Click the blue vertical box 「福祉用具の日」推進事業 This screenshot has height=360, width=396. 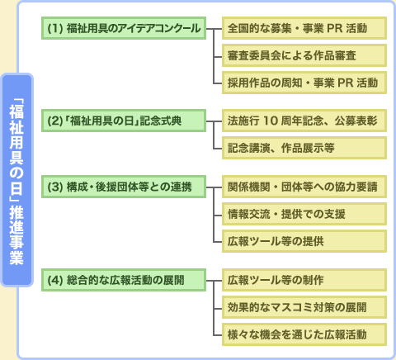point(17,180)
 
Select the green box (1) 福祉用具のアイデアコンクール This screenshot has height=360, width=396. point(124,28)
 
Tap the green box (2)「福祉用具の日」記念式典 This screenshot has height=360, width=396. point(124,121)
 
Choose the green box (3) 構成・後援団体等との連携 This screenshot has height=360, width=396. point(124,187)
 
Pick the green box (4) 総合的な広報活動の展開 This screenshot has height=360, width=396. point(124,280)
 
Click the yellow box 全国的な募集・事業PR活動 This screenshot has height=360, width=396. point(304,28)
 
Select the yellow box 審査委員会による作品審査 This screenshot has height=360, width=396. point(304,55)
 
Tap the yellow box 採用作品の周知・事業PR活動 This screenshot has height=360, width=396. point(304,83)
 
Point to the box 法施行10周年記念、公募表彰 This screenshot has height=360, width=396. point(304,121)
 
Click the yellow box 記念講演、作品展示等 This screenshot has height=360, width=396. point(304,148)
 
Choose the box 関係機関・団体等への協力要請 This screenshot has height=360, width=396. point(304,187)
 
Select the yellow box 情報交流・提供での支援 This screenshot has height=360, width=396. point(304,214)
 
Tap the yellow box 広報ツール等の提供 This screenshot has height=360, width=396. point(304,241)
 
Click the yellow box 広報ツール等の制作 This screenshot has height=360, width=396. point(304,280)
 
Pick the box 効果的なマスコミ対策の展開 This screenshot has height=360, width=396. point(304,307)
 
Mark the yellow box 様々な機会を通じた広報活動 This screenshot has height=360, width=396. point(304,334)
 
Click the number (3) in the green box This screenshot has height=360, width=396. point(55,187)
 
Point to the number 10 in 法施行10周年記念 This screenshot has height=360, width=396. point(270,121)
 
